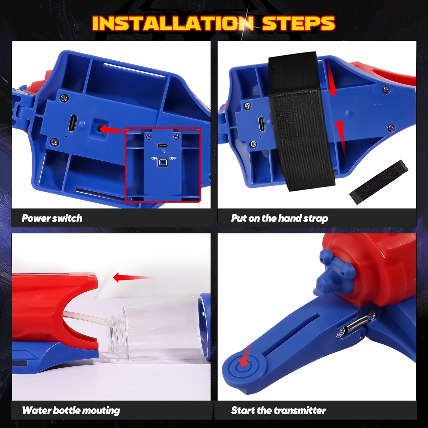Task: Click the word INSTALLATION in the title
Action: pyautogui.click(x=173, y=23)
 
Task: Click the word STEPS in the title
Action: pyautogui.click(x=298, y=23)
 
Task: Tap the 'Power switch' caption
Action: pyautogui.click(x=52, y=218)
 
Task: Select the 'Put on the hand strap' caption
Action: pyautogui.click(x=279, y=218)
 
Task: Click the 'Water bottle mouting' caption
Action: pyautogui.click(x=71, y=410)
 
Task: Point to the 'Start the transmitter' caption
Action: pyautogui.click(x=278, y=410)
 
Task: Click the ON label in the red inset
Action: pyautogui.click(x=154, y=158)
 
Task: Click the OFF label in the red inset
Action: pyautogui.click(x=173, y=158)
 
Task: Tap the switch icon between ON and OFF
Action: pyautogui.click(x=163, y=162)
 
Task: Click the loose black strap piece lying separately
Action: pyautogui.click(x=379, y=182)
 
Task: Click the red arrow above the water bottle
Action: pyautogui.click(x=131, y=277)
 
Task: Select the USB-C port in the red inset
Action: pyautogui.click(x=163, y=146)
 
